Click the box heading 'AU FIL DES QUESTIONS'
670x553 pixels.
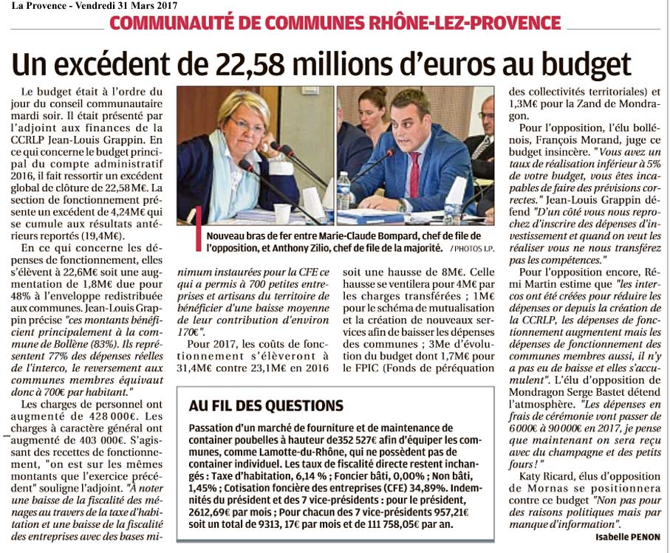(266, 406)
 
